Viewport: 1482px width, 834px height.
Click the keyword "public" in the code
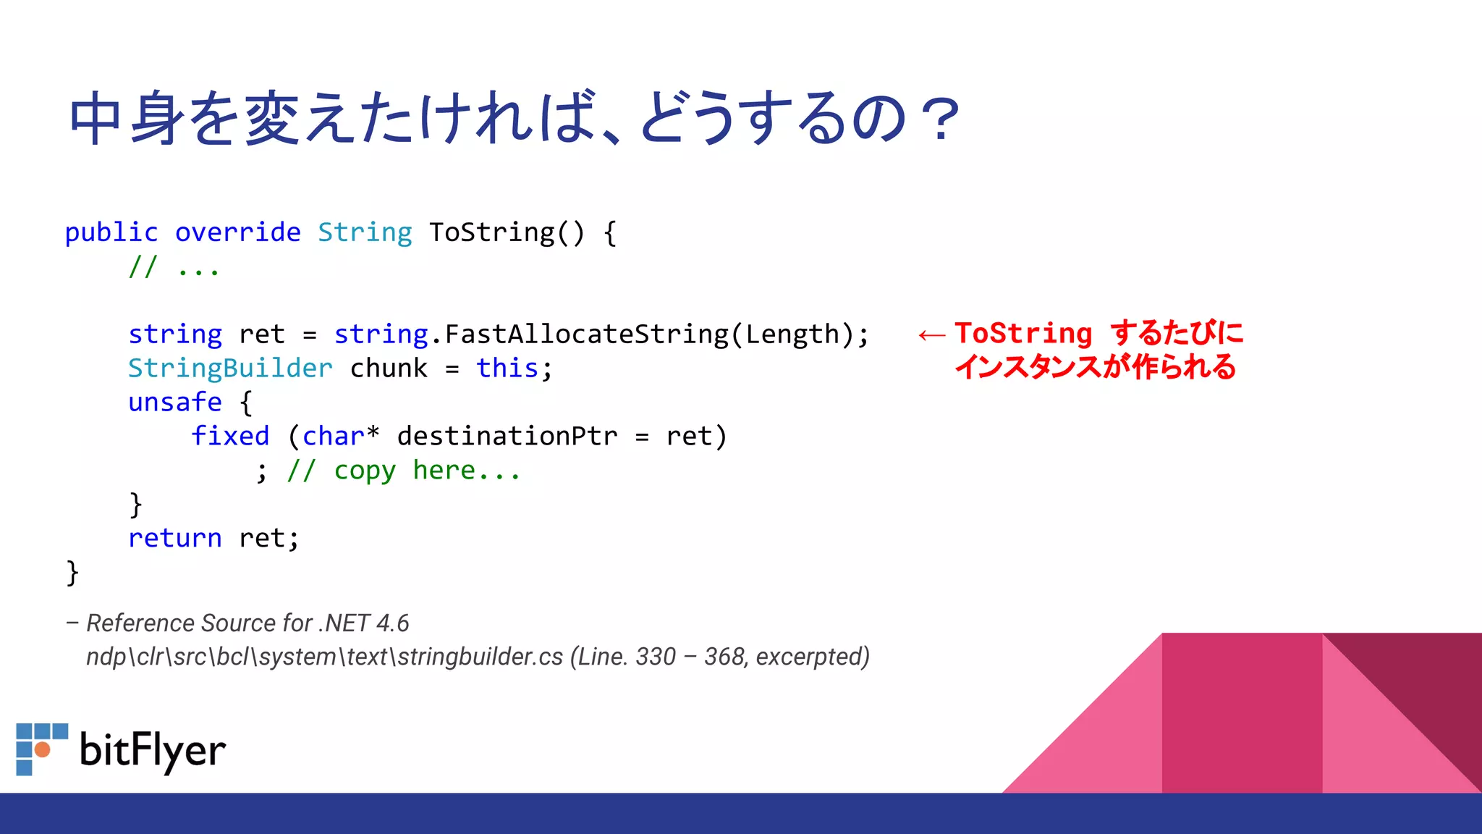pos(111,232)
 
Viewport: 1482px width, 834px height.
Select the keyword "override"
pos(237,232)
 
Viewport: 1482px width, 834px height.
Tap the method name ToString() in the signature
pos(506,232)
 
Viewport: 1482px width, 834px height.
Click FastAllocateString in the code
pos(586,334)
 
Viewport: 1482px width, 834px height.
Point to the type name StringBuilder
pos(230,368)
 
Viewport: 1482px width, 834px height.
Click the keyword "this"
pos(507,368)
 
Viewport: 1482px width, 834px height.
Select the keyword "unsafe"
pos(175,403)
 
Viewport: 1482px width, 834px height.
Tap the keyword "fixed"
pos(230,437)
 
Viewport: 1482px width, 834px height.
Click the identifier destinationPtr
pos(507,437)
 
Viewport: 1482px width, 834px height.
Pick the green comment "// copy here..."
pos(404,471)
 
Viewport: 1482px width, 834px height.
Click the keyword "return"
pos(175,539)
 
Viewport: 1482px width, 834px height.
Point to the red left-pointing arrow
pos(931,335)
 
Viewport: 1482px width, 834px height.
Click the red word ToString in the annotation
pos(1023,333)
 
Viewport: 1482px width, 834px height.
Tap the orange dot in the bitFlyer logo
pos(43,749)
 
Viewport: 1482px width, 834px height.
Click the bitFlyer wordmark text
pos(153,751)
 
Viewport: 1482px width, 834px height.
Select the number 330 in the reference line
pos(656,657)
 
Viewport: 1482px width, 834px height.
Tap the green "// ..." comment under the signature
pos(174,268)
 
